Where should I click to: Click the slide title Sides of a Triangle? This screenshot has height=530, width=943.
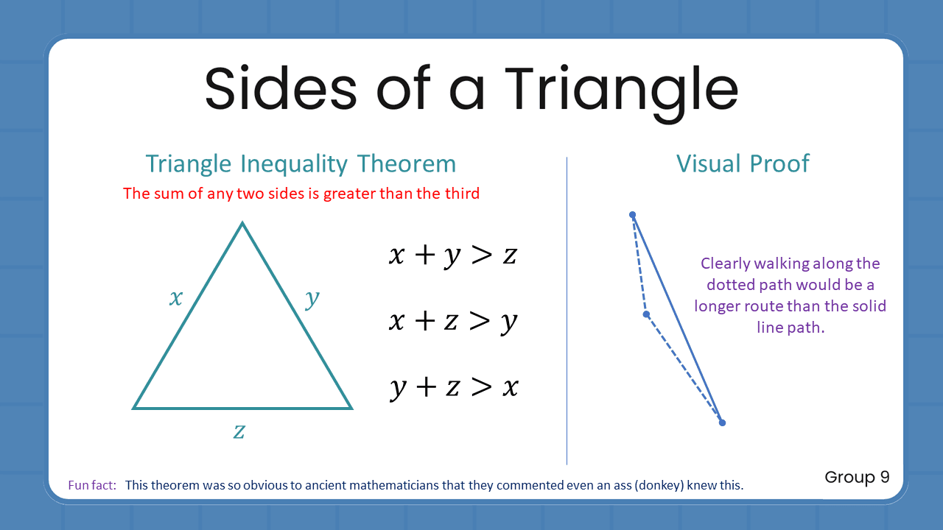tap(471, 88)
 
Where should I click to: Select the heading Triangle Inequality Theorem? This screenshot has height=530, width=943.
tap(301, 163)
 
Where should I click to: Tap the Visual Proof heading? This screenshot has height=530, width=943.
tap(743, 163)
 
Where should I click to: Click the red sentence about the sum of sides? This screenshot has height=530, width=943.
tap(301, 194)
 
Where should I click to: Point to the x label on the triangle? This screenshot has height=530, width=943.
tap(175, 298)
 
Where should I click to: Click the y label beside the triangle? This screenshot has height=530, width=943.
tap(312, 298)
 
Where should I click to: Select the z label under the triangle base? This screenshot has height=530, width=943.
tap(239, 431)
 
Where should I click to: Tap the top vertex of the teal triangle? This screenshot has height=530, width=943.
tap(242, 224)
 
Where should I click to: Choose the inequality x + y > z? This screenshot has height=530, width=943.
tap(453, 255)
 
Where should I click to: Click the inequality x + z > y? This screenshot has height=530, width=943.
tap(453, 322)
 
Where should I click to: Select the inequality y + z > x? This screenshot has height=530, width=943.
tap(453, 388)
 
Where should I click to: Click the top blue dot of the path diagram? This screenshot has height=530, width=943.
tap(632, 215)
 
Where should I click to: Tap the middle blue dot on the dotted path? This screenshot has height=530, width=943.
tap(646, 314)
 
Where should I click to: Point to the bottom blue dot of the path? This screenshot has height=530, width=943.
tap(722, 423)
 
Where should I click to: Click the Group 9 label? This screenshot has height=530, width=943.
tap(857, 477)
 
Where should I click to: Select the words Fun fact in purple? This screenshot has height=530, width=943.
tap(92, 485)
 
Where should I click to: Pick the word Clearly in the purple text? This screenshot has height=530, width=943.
tap(724, 264)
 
